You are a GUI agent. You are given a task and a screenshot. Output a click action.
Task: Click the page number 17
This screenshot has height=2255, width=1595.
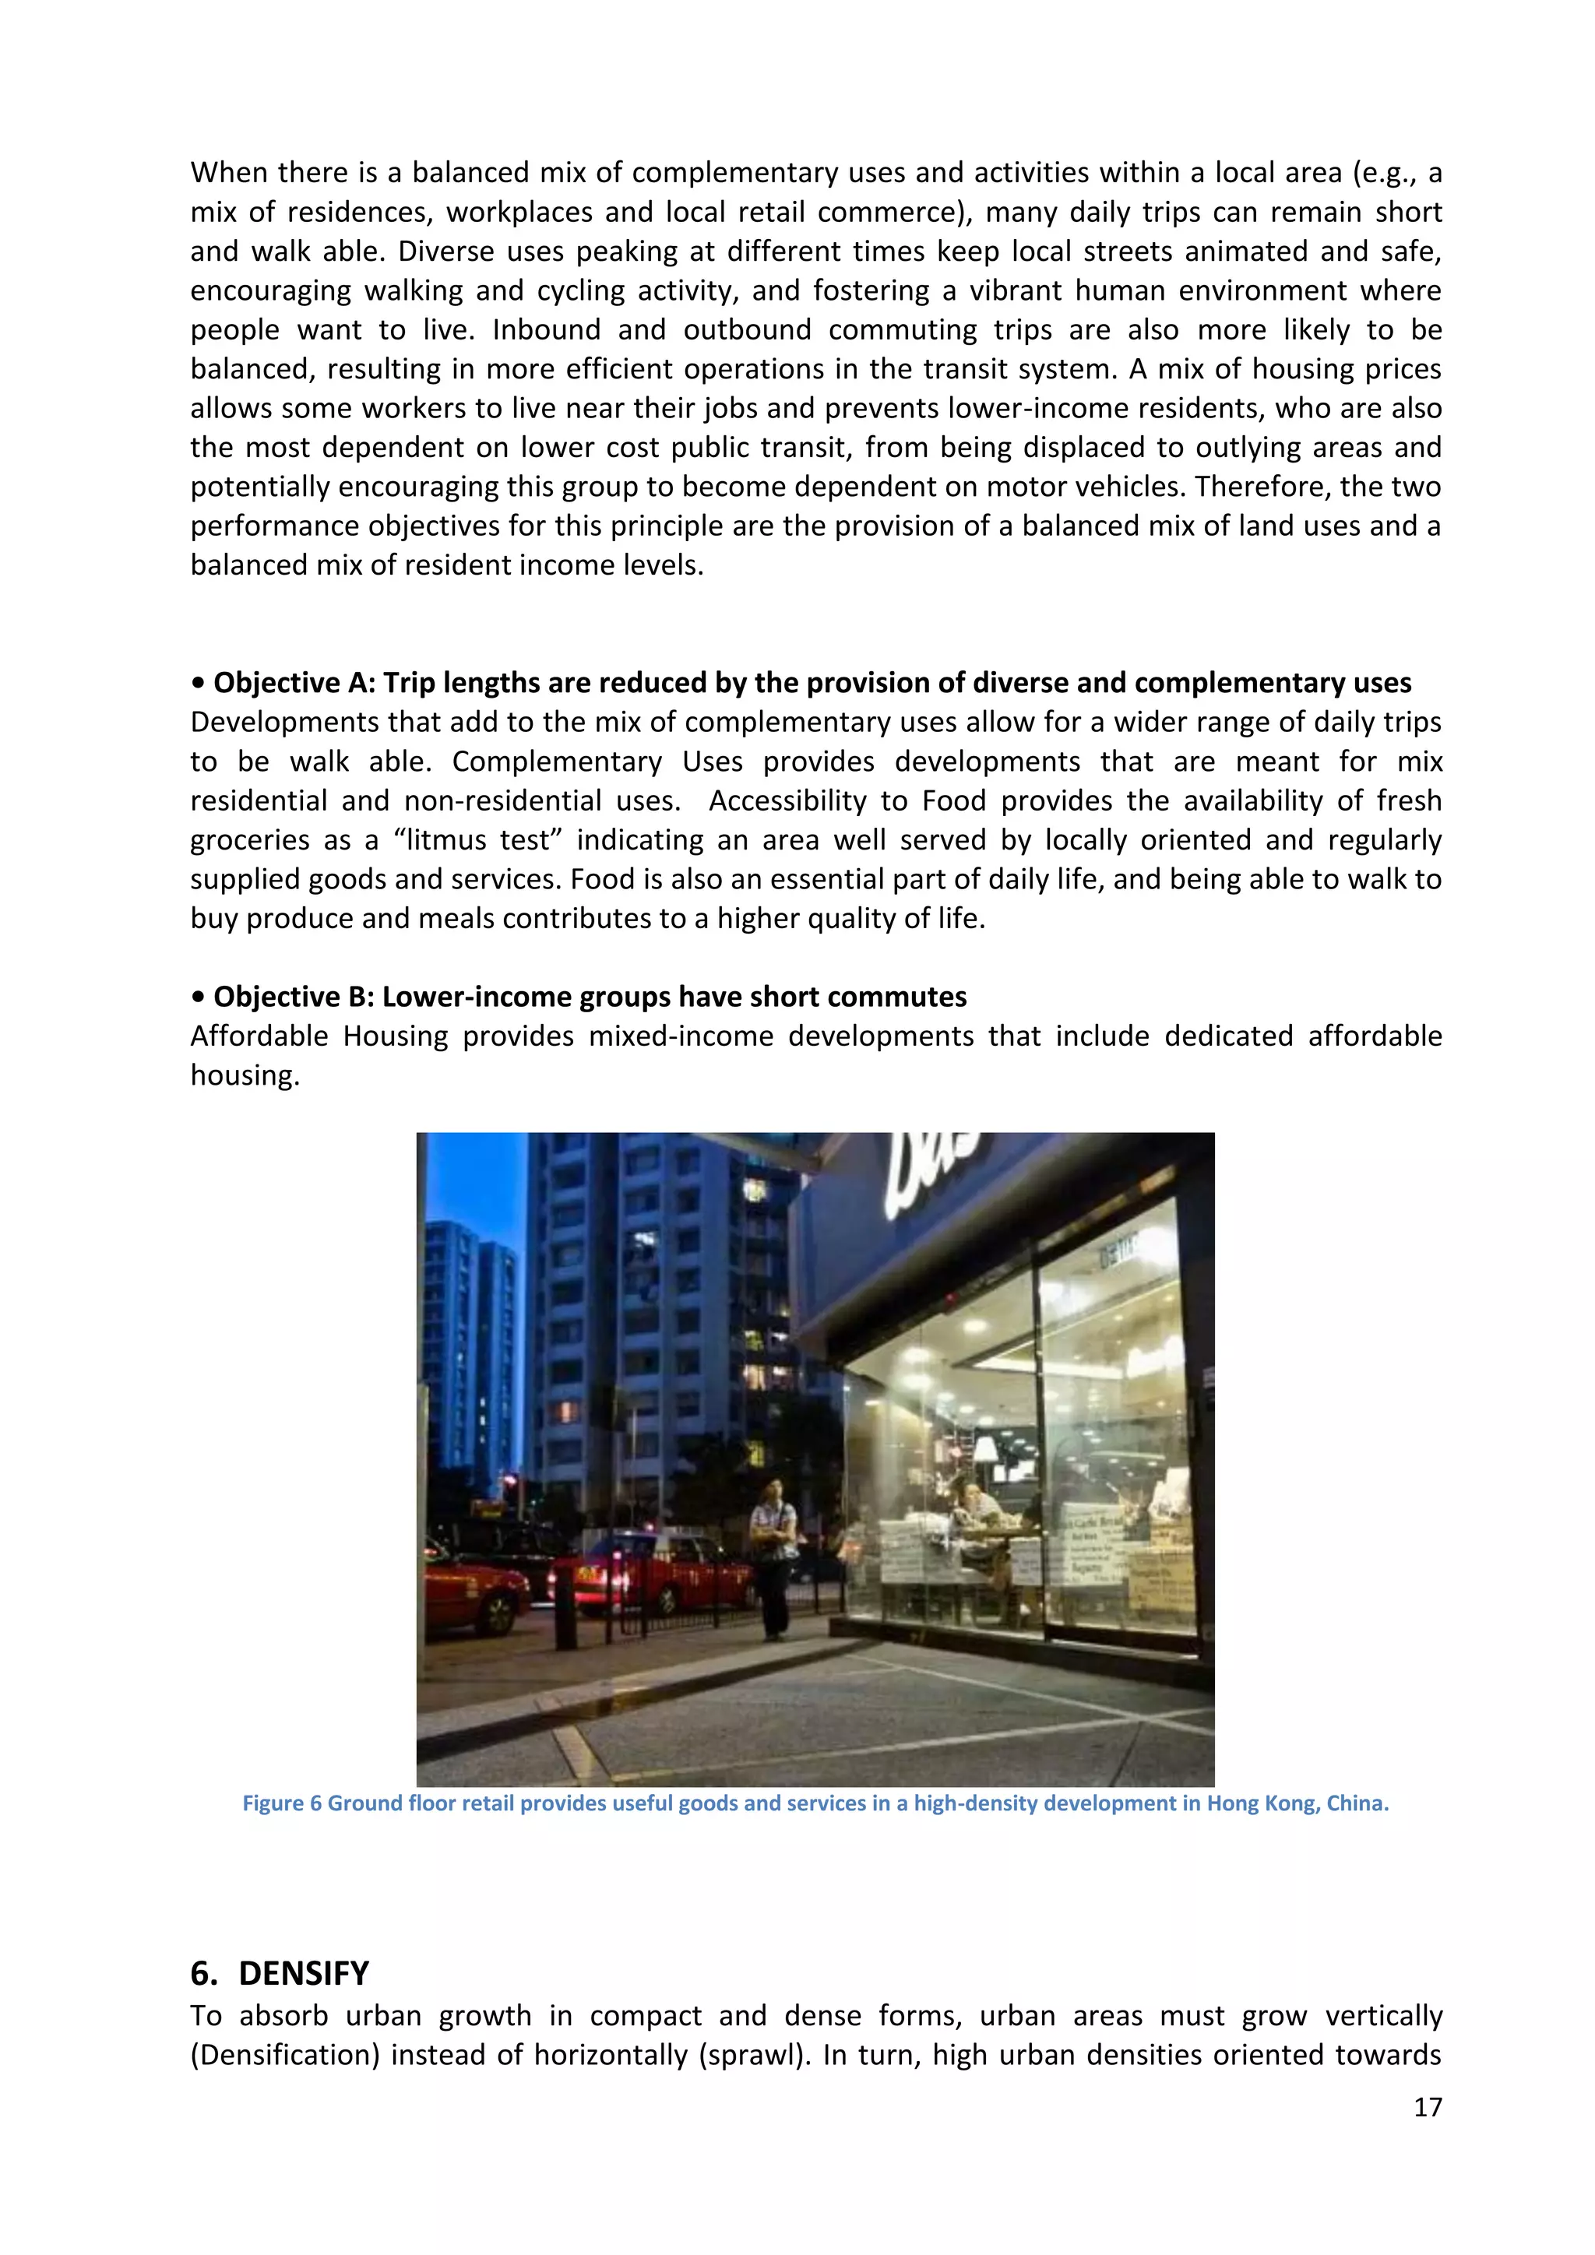(x=1427, y=2107)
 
